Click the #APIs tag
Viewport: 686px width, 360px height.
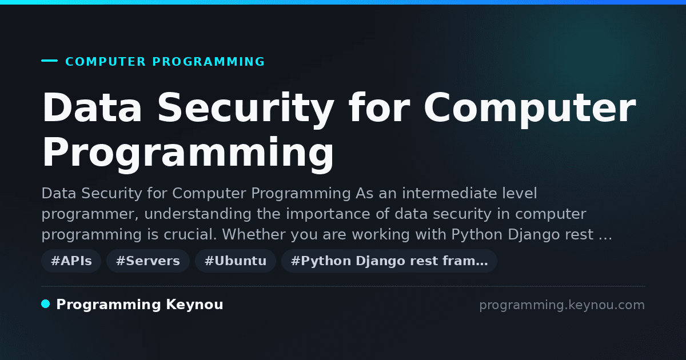(71, 261)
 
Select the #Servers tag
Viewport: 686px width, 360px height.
(148, 261)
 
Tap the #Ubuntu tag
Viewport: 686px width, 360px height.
(236, 261)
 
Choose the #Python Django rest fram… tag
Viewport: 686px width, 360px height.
(389, 261)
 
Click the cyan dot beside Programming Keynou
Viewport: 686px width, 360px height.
(46, 304)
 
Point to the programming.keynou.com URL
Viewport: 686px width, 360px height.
(562, 305)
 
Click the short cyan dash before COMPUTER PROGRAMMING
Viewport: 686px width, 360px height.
(49, 61)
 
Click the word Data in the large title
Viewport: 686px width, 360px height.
(92, 107)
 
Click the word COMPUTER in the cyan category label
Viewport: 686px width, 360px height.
(106, 62)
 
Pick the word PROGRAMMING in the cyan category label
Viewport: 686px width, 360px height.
(209, 62)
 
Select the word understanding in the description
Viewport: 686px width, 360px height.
(198, 214)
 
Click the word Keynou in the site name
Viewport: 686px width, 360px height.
(194, 305)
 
